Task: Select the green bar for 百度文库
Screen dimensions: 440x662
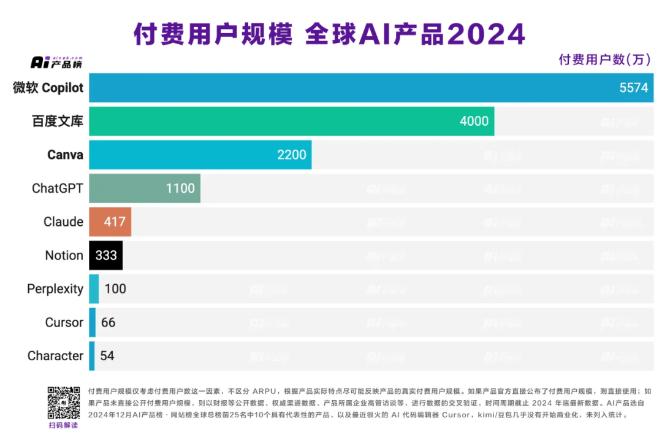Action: point(291,121)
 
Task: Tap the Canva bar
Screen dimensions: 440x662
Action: point(200,155)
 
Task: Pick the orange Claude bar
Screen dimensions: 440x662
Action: point(110,222)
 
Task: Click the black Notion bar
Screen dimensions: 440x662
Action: point(105,255)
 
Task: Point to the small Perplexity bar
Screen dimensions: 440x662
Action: point(94,288)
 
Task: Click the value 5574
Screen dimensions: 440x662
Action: point(633,88)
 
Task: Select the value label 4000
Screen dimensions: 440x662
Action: point(474,121)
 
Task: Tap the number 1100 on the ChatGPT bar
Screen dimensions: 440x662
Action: point(180,188)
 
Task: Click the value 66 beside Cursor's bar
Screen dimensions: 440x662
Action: point(108,322)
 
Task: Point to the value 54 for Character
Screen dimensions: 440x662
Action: point(107,356)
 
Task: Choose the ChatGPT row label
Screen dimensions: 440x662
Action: point(57,188)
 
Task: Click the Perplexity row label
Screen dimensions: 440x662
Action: point(55,288)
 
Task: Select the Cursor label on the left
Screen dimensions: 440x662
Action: point(64,322)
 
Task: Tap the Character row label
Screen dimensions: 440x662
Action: point(55,356)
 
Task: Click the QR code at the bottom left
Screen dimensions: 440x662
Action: point(64,403)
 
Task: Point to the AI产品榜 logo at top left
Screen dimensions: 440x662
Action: point(56,62)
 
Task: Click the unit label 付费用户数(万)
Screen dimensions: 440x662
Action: point(604,60)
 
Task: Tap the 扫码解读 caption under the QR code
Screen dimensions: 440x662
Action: point(64,425)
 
